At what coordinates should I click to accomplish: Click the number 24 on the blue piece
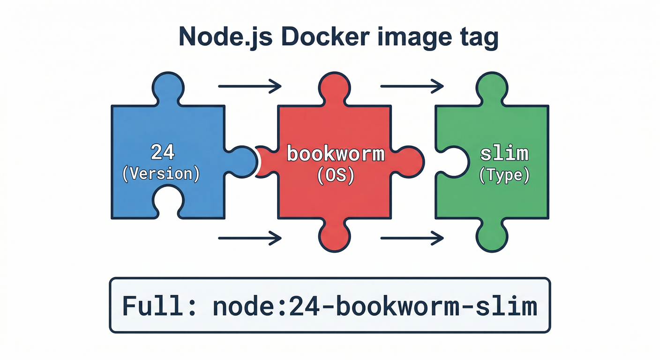coord(162,152)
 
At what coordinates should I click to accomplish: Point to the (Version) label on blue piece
coord(161,174)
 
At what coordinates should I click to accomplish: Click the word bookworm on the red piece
coord(336,154)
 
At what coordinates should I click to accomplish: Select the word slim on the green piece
coord(504,154)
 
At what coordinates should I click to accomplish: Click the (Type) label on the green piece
coord(504,175)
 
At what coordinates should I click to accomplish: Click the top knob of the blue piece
coord(168,87)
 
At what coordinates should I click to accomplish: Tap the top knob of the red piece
coord(334,87)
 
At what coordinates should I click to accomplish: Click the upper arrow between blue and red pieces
coord(249,86)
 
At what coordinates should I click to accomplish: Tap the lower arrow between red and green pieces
coord(412,238)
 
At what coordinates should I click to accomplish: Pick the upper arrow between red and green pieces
coord(412,86)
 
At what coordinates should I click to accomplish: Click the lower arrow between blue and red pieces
coord(249,238)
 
